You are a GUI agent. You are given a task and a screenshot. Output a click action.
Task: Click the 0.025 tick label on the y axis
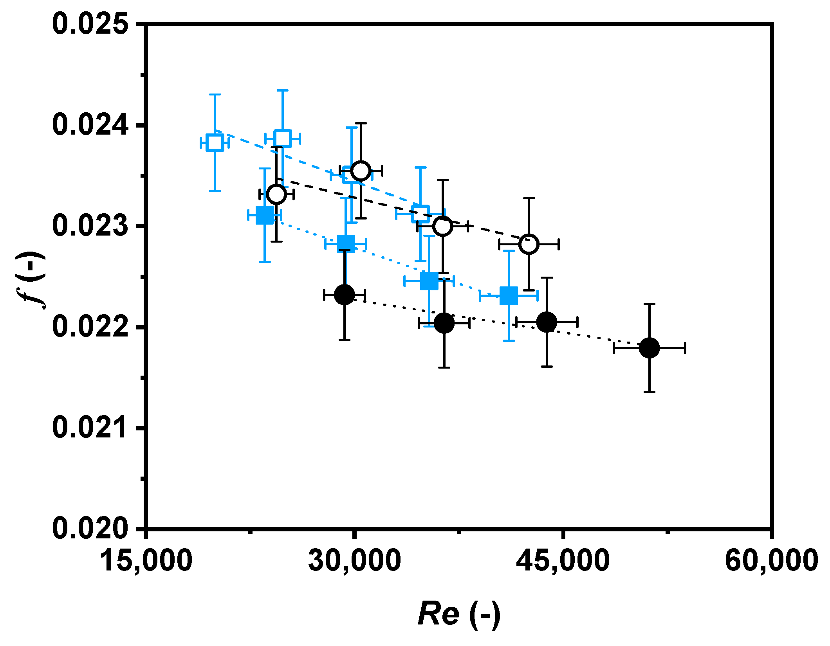click(x=90, y=24)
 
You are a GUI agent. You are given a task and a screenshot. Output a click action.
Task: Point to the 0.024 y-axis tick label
click(x=90, y=125)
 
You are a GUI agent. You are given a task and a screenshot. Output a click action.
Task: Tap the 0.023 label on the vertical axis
click(x=90, y=226)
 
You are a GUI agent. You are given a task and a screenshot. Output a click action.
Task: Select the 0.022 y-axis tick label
click(x=90, y=326)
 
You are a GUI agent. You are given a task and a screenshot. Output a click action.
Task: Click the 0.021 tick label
click(x=90, y=427)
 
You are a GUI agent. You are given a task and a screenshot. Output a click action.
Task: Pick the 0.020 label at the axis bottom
click(x=90, y=528)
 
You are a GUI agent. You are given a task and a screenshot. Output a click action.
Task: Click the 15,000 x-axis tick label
click(x=146, y=560)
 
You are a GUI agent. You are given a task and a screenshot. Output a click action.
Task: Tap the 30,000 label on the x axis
click(x=354, y=560)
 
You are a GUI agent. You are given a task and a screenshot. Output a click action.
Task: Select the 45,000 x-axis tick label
click(x=563, y=560)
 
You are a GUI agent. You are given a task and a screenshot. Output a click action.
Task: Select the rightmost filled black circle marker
click(x=650, y=347)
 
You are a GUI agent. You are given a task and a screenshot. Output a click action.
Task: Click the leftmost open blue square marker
click(x=215, y=142)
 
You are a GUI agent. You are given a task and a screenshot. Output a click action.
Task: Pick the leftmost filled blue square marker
click(x=265, y=215)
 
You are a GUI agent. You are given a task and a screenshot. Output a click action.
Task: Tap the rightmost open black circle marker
click(x=529, y=244)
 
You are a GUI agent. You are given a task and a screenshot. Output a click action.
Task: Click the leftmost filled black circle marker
click(x=345, y=295)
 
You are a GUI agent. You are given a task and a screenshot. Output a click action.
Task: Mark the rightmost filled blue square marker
click(x=509, y=296)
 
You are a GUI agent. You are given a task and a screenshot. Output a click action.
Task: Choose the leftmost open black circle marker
click(x=277, y=194)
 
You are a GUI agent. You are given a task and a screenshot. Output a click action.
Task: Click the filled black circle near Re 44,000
click(x=547, y=322)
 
